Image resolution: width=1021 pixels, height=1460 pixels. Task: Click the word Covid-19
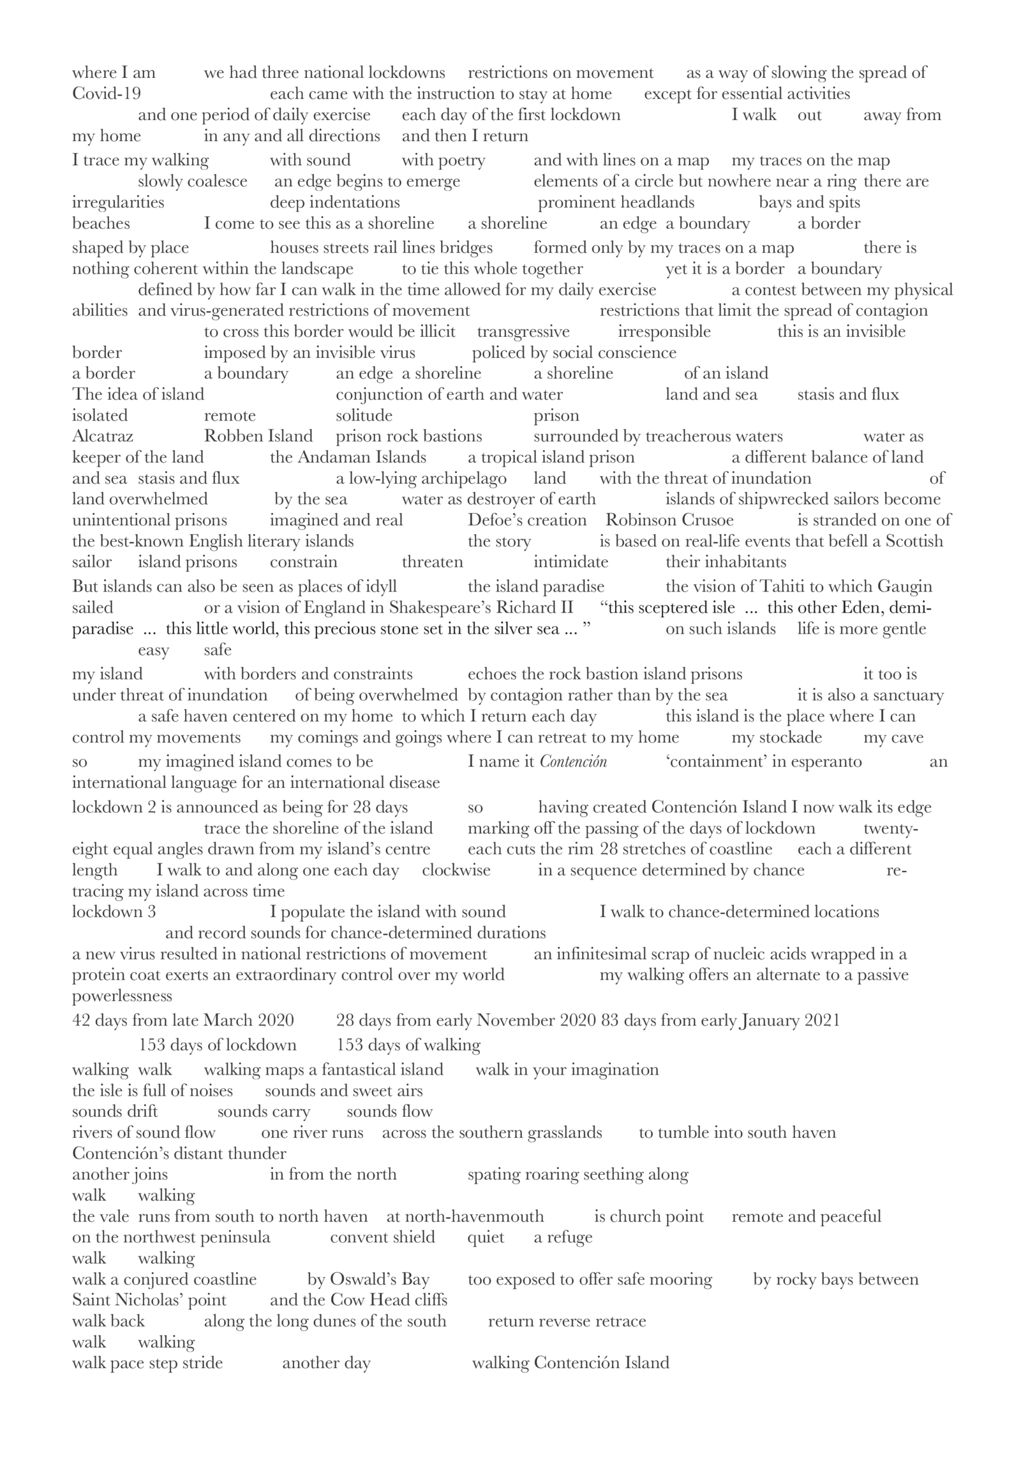pos(106,94)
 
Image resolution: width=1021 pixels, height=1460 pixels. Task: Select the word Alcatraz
pos(103,436)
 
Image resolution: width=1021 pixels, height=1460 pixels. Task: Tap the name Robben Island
pos(258,436)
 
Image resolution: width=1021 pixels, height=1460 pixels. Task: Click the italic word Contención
pos(573,762)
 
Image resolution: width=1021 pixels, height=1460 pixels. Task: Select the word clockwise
pos(456,870)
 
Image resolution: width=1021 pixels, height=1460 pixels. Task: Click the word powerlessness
pos(122,996)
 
